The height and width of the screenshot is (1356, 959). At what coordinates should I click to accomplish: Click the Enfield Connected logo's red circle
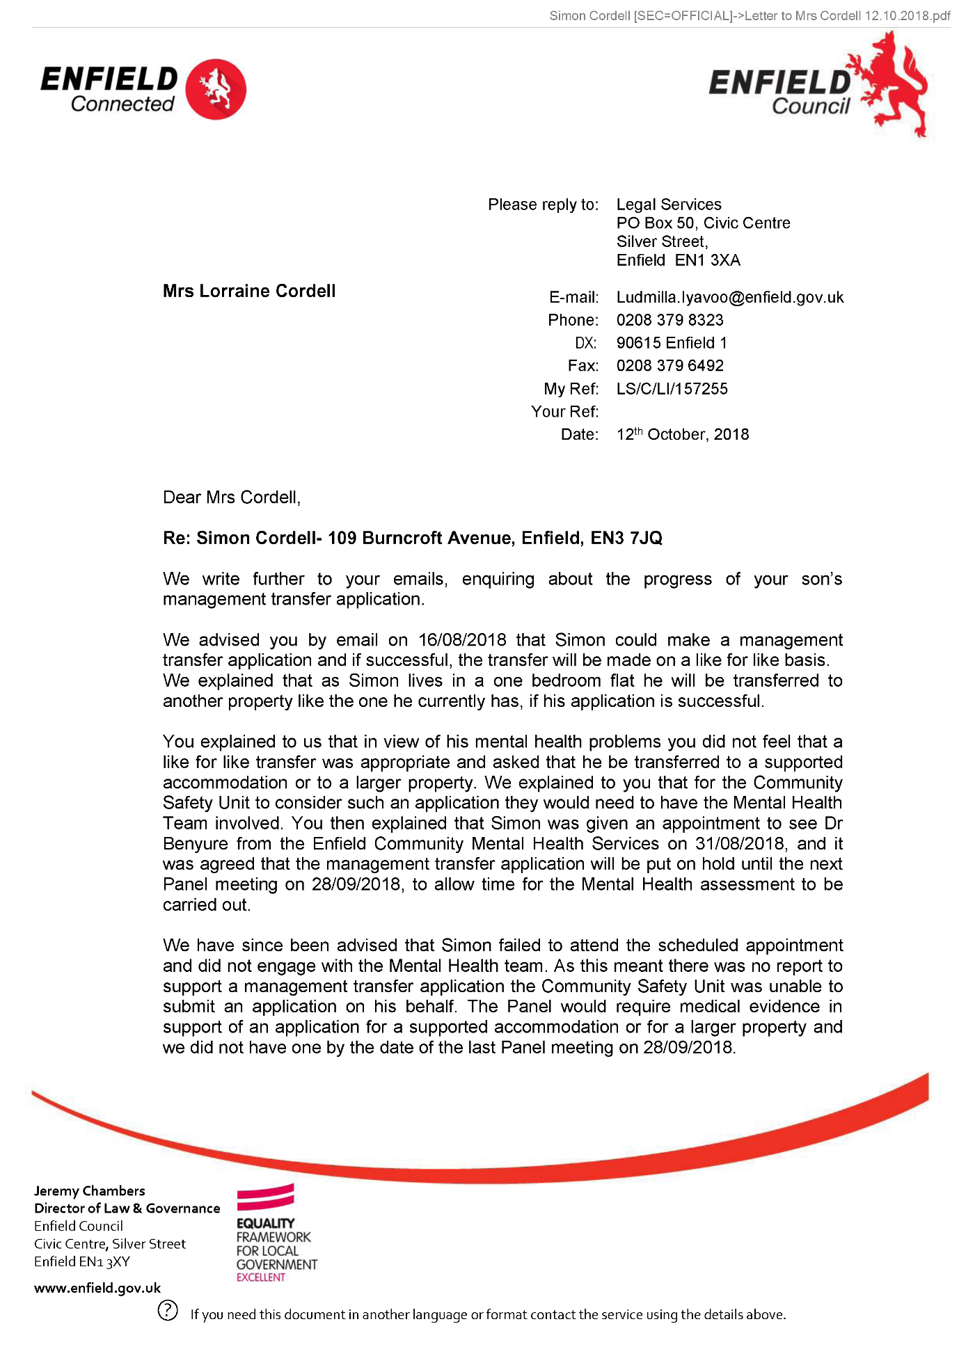tap(216, 89)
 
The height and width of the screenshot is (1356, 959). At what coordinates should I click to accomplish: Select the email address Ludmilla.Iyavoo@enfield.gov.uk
tap(729, 298)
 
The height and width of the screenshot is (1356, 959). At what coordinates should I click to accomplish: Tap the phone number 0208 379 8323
tap(669, 320)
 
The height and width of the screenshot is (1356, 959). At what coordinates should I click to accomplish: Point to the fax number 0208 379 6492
tap(669, 366)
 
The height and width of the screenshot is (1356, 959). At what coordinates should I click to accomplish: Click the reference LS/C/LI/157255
tap(672, 389)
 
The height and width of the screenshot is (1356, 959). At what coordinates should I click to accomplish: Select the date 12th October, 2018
tap(682, 435)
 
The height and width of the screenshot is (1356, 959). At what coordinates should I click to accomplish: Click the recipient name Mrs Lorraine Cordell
tap(249, 292)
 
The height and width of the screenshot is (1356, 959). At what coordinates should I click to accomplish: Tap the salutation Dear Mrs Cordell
tap(231, 497)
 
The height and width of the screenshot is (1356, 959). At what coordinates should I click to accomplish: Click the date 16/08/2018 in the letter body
tap(462, 640)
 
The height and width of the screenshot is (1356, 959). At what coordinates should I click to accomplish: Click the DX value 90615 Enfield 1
tap(672, 343)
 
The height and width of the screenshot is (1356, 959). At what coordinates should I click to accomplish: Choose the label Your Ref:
tap(564, 412)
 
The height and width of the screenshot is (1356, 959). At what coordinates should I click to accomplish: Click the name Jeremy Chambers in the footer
tap(90, 1191)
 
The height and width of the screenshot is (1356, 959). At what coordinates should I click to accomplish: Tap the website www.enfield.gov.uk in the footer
tap(97, 1288)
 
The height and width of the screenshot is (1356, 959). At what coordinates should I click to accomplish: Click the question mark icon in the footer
tap(168, 1310)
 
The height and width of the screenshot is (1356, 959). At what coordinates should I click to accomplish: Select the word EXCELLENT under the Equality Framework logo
tap(261, 1277)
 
